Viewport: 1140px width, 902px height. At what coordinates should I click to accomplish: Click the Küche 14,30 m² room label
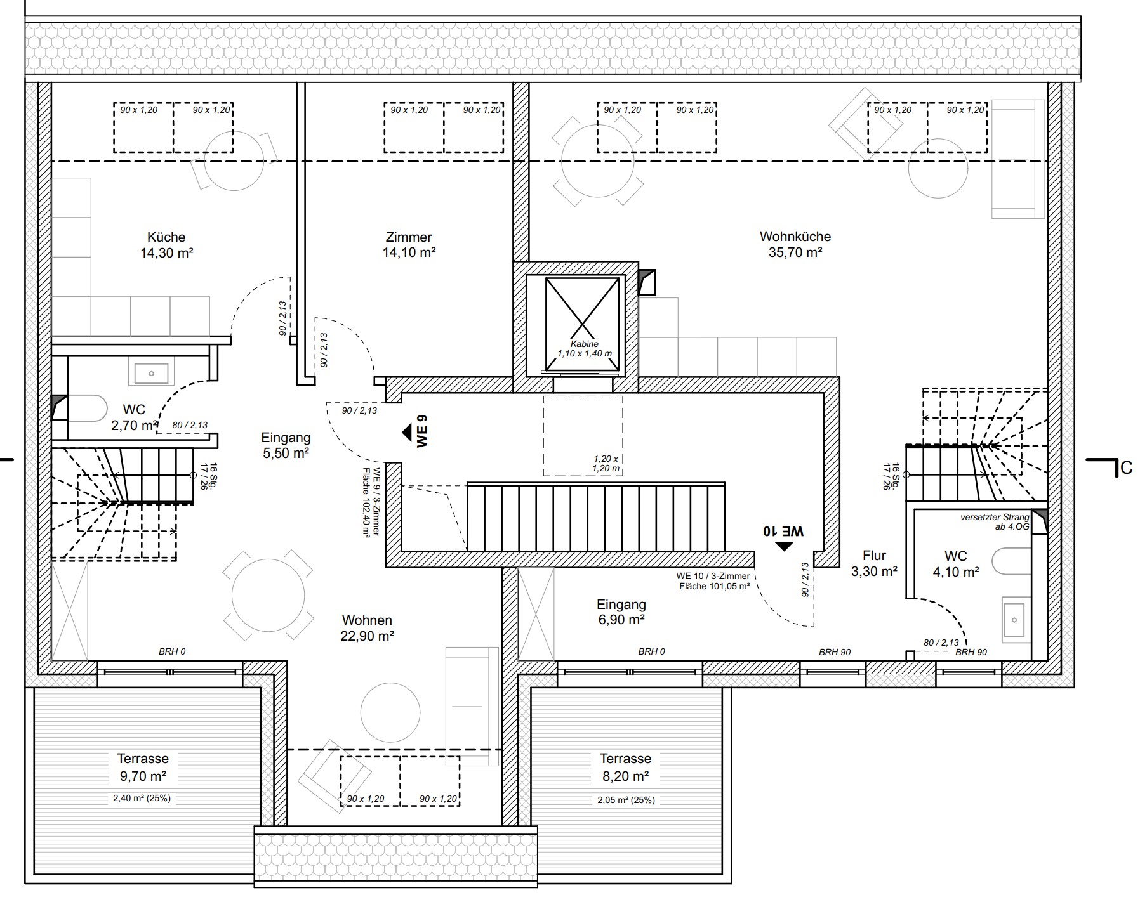point(166,245)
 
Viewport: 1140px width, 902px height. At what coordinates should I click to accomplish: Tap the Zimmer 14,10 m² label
point(409,245)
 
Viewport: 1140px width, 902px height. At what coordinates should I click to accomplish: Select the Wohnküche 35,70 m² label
point(795,244)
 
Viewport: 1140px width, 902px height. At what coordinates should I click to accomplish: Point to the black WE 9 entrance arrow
point(408,433)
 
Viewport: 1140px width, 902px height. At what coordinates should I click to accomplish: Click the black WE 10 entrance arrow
point(785,546)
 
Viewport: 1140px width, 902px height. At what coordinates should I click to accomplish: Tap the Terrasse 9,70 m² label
point(143,767)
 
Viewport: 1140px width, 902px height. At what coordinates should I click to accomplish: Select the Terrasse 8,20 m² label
point(625,767)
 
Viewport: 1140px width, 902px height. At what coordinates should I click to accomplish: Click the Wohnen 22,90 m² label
point(367,628)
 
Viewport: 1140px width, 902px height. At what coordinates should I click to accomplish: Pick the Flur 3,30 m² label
point(874,563)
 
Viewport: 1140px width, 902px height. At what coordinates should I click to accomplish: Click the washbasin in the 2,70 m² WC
point(151,374)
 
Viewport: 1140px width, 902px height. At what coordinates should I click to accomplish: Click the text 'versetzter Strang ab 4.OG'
point(994,521)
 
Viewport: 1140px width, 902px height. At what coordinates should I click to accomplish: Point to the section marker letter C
point(1126,468)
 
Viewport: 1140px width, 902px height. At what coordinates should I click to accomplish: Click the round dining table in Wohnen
point(268,596)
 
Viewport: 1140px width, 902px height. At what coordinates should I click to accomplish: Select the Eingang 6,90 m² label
point(621,612)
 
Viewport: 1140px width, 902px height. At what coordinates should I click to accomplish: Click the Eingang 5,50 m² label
point(286,445)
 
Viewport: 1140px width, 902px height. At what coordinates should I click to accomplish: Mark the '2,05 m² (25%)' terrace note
point(625,800)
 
